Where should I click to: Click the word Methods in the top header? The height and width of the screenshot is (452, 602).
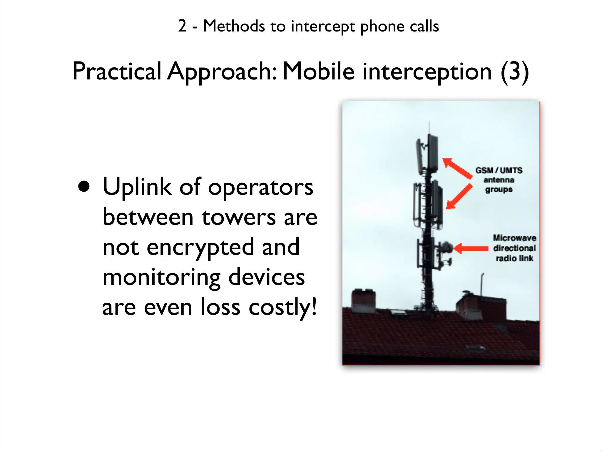pos(234,26)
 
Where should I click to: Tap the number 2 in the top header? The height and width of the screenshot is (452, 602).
pos(182,26)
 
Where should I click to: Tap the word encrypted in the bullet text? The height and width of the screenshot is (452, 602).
pos(200,247)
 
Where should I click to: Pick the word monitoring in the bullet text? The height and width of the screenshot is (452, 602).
pos(161,277)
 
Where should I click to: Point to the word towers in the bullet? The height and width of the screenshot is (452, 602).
pos(238,217)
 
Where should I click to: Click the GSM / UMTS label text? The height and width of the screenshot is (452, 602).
pos(499,170)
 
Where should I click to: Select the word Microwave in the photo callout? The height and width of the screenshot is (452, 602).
pos(514,238)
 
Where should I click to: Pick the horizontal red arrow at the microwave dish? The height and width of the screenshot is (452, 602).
pos(470,248)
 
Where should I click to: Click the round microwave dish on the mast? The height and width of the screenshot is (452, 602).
pos(446,247)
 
